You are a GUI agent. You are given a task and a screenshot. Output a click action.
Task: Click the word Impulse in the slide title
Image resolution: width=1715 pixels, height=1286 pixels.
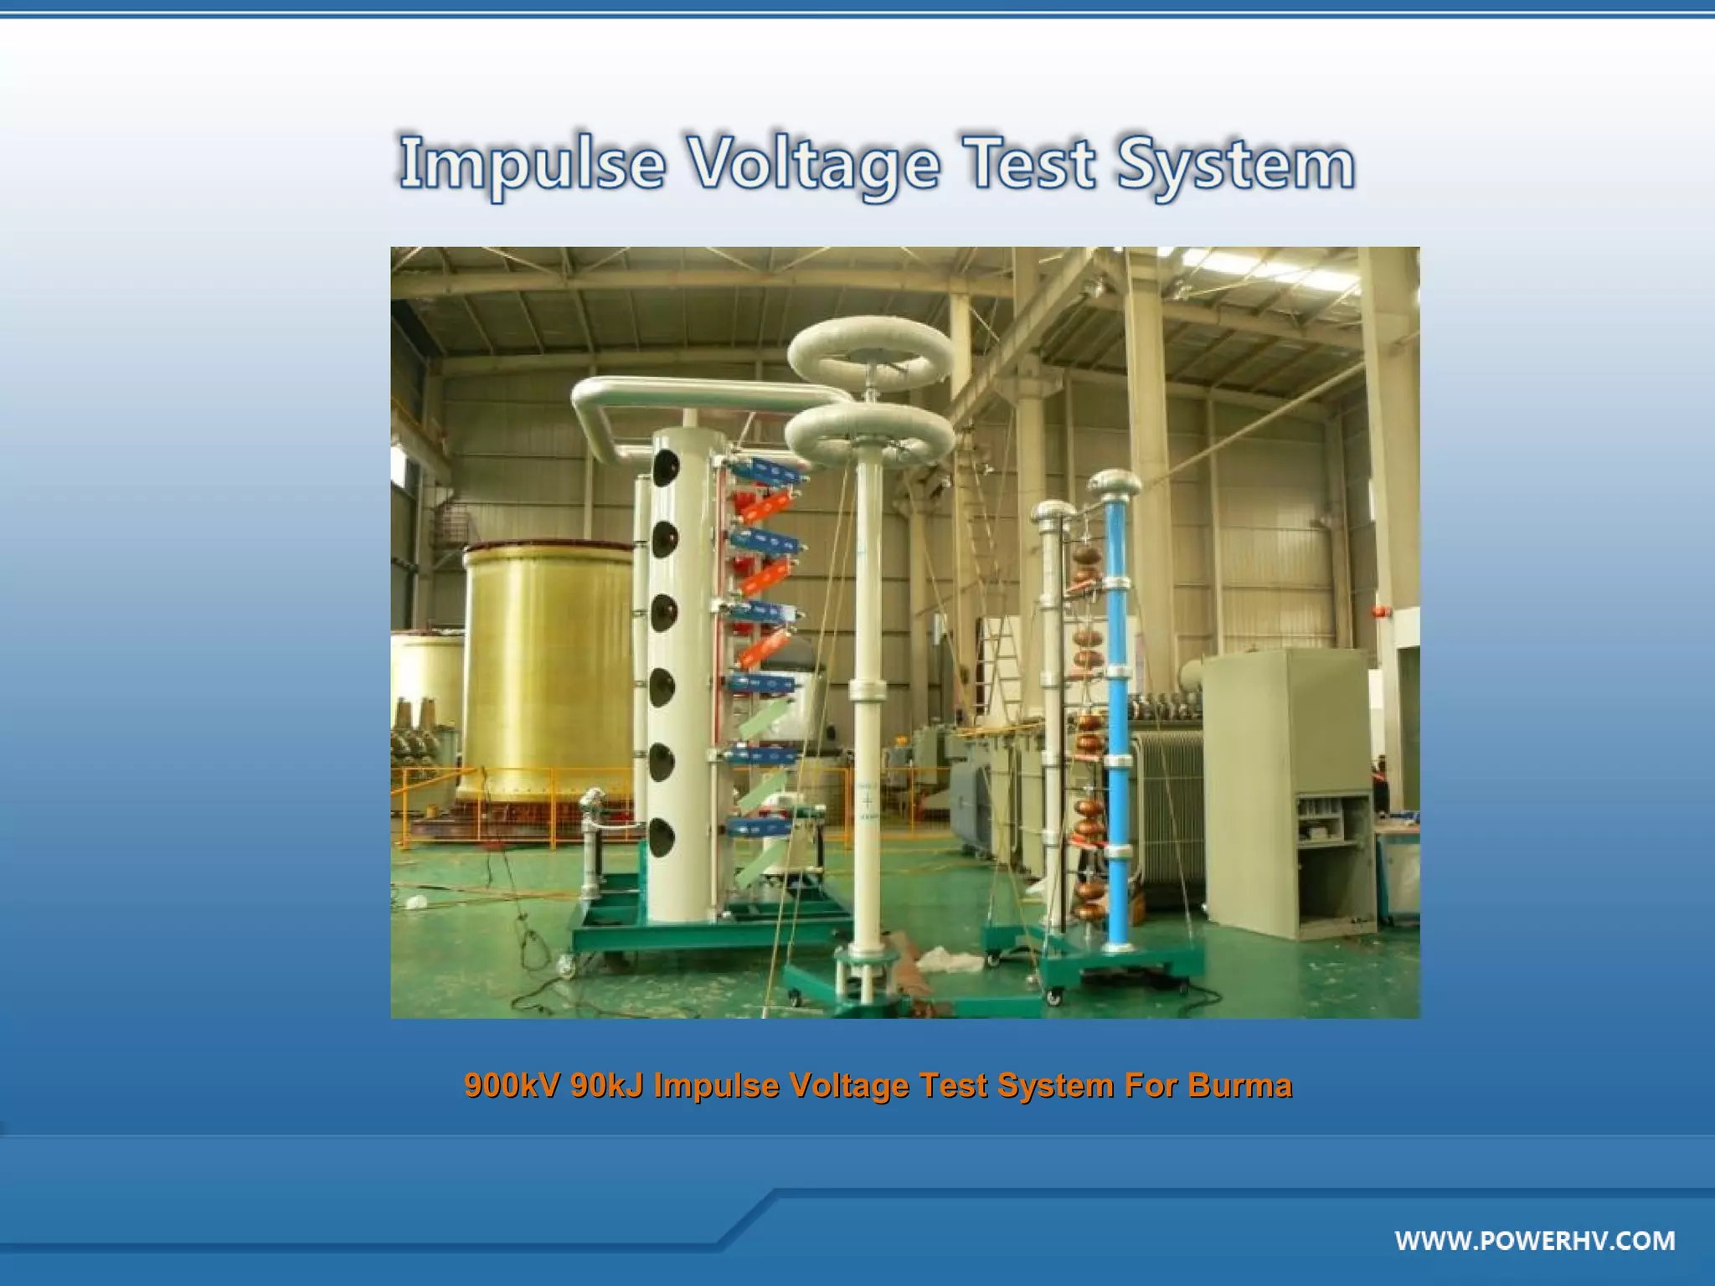pos(533,164)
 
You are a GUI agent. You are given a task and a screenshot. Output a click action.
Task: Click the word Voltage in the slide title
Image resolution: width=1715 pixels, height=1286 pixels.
pos(813,164)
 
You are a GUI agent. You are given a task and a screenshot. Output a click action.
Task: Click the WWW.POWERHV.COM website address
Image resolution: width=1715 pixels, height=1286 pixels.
pos(1535,1241)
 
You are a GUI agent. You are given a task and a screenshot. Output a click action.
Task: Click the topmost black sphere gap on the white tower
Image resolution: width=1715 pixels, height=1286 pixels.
pos(665,467)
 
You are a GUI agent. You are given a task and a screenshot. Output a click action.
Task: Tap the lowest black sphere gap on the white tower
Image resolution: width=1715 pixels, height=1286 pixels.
pos(662,837)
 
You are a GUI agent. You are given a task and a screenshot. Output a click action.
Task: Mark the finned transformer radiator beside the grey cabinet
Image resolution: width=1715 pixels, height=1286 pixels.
pos(1168,804)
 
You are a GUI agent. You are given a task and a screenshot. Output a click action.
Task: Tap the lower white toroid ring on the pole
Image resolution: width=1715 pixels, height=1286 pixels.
pos(869,435)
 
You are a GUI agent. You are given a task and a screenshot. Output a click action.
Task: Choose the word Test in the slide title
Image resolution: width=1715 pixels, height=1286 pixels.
pos(1031,164)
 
